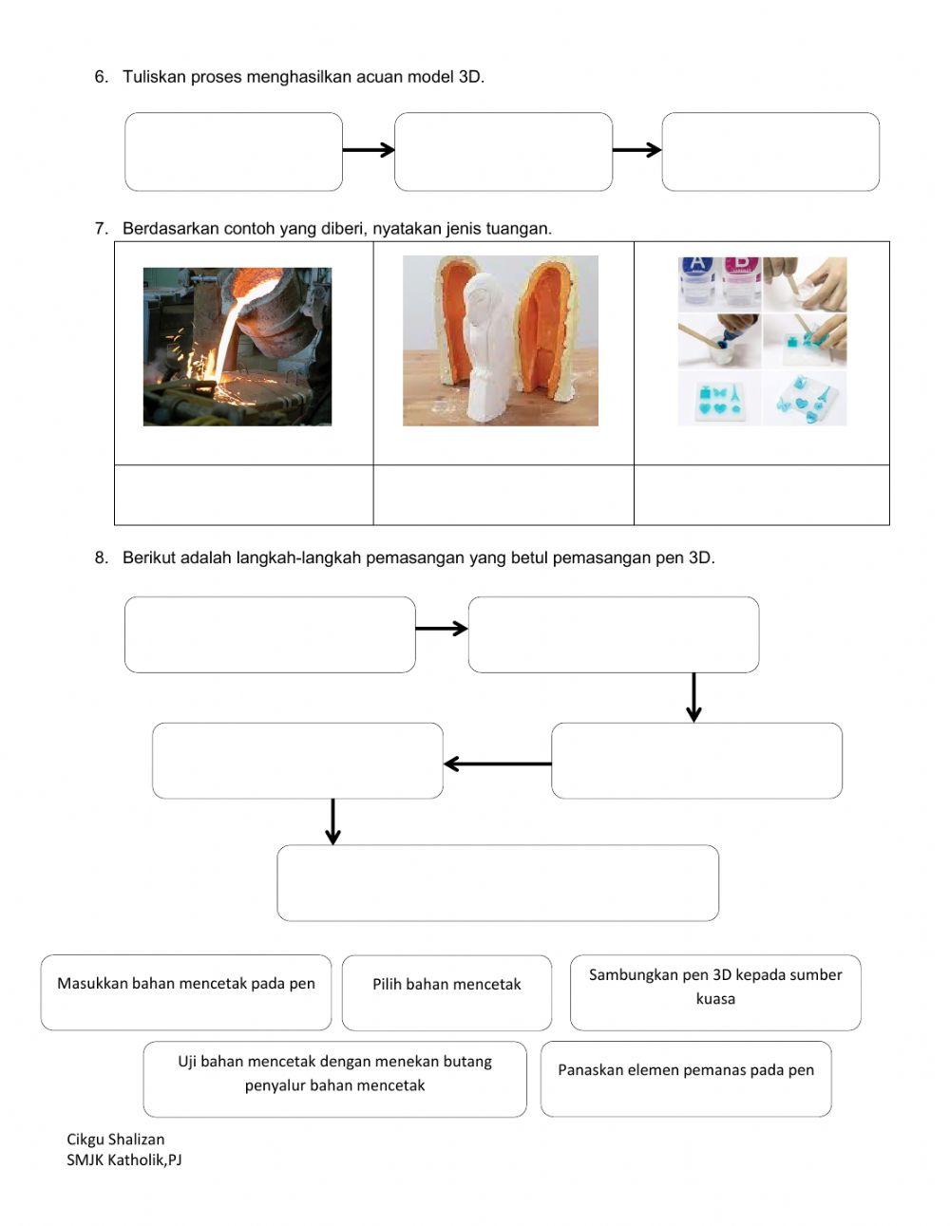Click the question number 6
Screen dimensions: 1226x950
click(101, 77)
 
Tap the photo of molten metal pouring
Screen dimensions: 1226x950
click(237, 347)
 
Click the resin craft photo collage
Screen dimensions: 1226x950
click(762, 341)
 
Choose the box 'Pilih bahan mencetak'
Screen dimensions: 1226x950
click(446, 992)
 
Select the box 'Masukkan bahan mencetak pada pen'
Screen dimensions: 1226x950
click(186, 992)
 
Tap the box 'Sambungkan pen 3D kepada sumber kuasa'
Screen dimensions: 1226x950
click(715, 992)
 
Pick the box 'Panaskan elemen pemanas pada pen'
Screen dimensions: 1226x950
click(686, 1079)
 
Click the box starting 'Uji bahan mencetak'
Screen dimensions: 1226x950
click(334, 1079)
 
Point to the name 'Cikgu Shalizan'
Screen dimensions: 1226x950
click(115, 1139)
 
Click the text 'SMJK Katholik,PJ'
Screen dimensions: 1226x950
click(123, 1160)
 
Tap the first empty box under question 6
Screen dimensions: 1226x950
click(234, 152)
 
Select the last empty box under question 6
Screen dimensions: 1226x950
click(770, 152)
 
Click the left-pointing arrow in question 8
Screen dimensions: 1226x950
click(497, 764)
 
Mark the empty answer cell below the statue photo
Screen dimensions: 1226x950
click(503, 495)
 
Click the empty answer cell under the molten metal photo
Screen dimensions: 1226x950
click(244, 495)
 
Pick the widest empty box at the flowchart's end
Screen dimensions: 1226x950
click(498, 883)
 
